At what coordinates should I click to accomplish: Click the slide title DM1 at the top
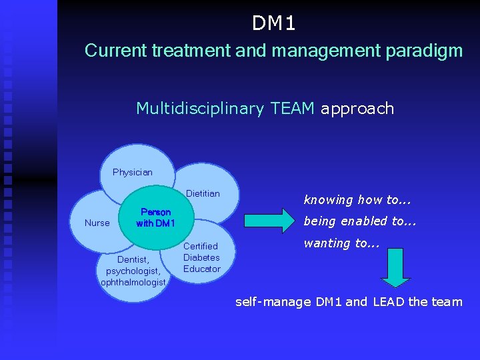tap(274, 24)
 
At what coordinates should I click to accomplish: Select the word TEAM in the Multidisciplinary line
tap(293, 109)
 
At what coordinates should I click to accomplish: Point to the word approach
tap(357, 109)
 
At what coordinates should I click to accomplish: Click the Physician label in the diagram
tap(132, 172)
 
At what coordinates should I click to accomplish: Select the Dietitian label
tap(203, 193)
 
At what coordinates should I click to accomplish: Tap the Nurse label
tap(97, 223)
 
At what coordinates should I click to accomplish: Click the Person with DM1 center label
tap(155, 218)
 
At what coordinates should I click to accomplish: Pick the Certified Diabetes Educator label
tap(201, 257)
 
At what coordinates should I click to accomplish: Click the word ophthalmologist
tap(133, 282)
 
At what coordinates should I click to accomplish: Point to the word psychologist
tap(133, 271)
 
